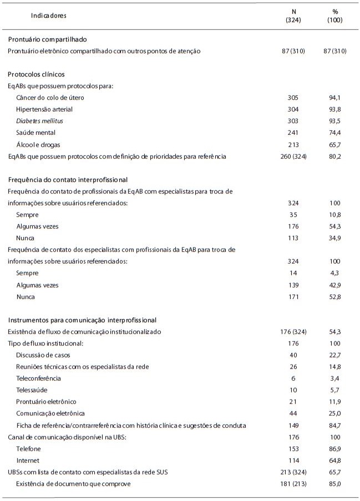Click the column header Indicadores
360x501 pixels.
(49, 16)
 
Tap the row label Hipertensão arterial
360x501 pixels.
(44, 109)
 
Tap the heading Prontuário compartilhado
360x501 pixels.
(47, 39)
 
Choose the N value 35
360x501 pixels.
(294, 215)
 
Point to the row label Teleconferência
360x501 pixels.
(38, 378)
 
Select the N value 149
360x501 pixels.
(294, 425)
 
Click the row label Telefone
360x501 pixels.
(29, 448)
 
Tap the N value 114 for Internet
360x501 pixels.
(294, 460)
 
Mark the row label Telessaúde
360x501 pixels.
(33, 389)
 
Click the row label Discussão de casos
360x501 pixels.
(43, 355)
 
